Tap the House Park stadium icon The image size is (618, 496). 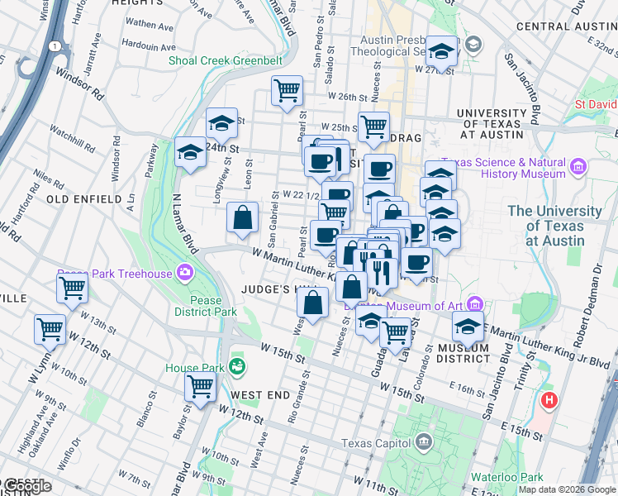[x=238, y=365]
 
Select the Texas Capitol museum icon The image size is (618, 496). [x=423, y=443]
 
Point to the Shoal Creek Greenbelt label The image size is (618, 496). [x=226, y=60]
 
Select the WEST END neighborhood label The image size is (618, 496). [x=260, y=395]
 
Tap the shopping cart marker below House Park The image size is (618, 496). [x=201, y=385]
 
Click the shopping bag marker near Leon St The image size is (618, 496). [x=243, y=218]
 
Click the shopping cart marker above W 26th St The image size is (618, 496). [x=287, y=89]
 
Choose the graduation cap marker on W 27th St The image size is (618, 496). [x=442, y=51]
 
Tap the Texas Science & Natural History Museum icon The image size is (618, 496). [x=578, y=167]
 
